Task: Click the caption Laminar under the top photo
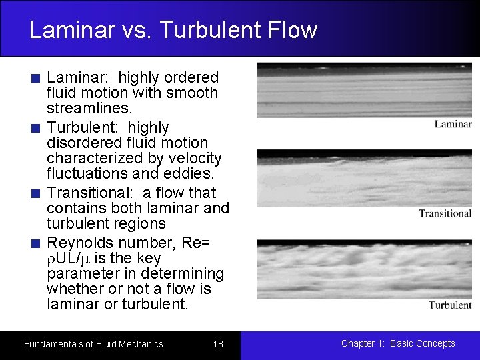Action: [453, 124]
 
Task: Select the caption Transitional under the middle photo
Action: [445, 213]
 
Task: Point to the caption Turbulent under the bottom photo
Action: [449, 305]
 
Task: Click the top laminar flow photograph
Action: [364, 90]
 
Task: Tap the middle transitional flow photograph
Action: [364, 179]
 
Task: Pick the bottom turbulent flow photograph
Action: [364, 269]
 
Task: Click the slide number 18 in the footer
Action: [218, 344]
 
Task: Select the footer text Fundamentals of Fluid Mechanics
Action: [93, 344]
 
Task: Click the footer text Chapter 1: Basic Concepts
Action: [398, 343]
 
